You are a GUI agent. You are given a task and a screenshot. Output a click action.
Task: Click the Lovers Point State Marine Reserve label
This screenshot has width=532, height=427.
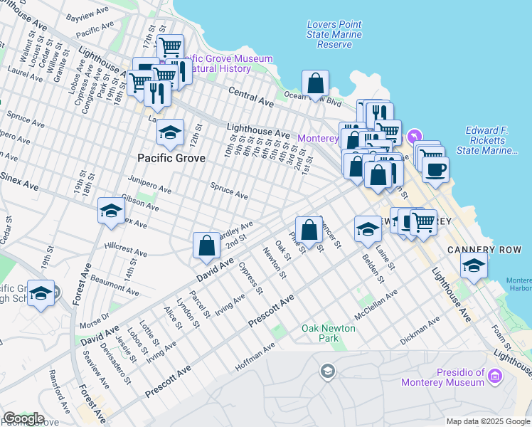pos(334,34)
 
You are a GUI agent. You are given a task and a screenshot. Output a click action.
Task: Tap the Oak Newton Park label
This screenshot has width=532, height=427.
pos(329,334)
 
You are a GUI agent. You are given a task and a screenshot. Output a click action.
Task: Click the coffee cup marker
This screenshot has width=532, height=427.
pos(435,170)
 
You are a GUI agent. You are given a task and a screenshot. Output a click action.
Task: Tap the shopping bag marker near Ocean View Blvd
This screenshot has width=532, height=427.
pos(315,83)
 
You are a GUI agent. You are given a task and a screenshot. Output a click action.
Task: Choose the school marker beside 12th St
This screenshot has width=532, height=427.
pos(170,132)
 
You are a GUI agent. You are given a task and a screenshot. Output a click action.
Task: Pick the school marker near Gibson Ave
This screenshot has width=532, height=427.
pos(111,211)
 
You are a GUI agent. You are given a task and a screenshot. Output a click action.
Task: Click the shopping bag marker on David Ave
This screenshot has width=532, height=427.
pos(206,246)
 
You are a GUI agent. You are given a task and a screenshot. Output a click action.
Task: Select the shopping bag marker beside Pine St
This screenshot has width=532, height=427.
pos(309,229)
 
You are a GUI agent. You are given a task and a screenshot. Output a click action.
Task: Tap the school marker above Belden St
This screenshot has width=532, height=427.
pos(368,228)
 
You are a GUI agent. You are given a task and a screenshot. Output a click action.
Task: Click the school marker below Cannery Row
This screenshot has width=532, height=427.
pos(474,266)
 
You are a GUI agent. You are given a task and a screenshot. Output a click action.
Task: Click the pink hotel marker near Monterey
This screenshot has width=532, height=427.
pos(415,137)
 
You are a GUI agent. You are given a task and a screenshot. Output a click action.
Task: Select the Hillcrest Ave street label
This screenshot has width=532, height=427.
pos(125,248)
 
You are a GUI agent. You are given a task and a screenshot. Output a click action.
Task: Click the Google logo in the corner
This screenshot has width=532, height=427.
pos(23,418)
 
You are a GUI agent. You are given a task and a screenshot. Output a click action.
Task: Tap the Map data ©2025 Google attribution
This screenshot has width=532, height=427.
pos(488,421)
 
